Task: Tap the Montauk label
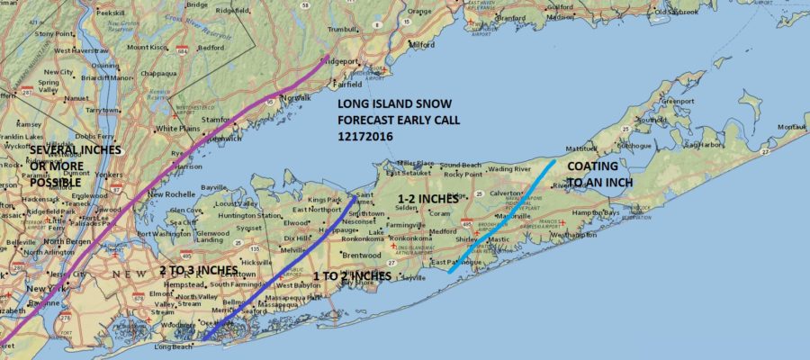tap(792, 127)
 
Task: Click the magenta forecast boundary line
tap(180, 171)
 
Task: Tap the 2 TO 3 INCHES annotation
tap(198, 270)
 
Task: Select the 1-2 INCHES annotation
tap(428, 197)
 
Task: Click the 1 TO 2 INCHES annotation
tap(352, 275)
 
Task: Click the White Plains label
tap(177, 129)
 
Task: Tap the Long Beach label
tap(175, 346)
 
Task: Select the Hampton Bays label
tap(618, 212)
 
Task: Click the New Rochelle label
tap(172, 194)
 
